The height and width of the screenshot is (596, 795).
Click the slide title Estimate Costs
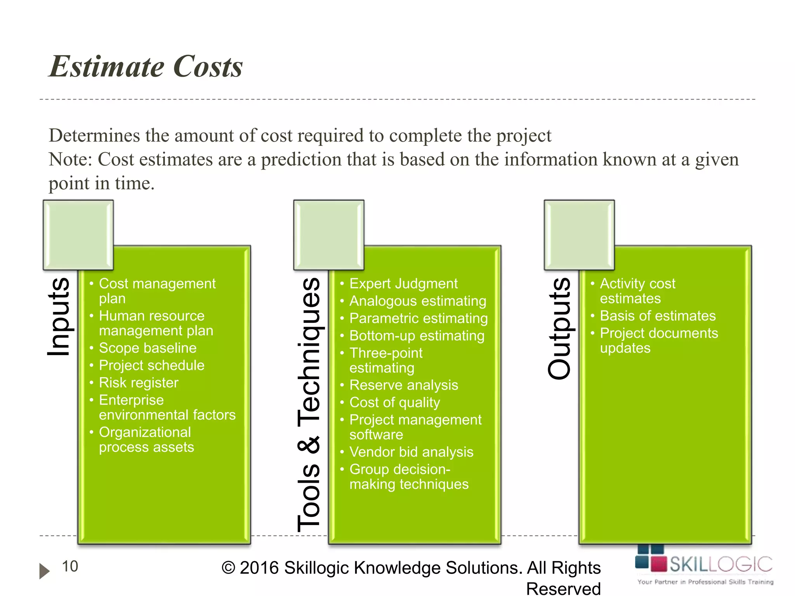(146, 67)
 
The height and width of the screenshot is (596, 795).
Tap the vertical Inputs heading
(59, 317)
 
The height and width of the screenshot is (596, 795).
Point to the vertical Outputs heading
(559, 328)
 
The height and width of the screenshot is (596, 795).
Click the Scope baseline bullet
(148, 348)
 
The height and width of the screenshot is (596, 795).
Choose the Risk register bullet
(139, 383)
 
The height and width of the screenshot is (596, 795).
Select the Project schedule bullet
(151, 366)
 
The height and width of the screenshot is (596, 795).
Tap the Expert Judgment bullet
(403, 284)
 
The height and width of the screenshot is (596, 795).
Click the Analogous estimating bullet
(418, 301)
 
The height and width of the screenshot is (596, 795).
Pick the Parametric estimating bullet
(418, 319)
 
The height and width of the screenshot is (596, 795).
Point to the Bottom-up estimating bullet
(417, 336)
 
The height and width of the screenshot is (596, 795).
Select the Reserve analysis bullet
(404, 385)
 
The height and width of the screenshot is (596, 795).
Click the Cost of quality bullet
(395, 403)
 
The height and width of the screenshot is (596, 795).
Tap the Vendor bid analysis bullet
(411, 452)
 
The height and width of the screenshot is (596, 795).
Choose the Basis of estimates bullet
(658, 316)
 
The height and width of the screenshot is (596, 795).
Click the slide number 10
(70, 567)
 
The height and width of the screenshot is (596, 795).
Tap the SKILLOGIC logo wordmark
(721, 564)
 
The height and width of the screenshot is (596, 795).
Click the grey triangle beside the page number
(44, 571)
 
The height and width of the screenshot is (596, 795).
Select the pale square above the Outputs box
(579, 235)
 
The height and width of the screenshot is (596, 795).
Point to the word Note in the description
(70, 159)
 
